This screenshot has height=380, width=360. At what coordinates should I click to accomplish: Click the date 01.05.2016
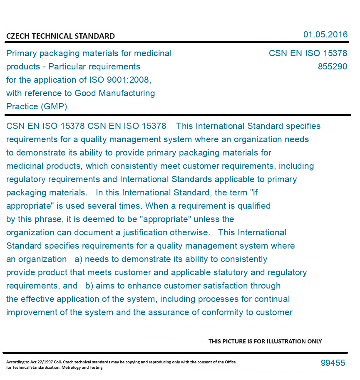(325, 35)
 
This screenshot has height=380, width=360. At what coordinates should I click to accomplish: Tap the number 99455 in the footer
(333, 363)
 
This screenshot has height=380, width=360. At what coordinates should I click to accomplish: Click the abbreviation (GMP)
(54, 106)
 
